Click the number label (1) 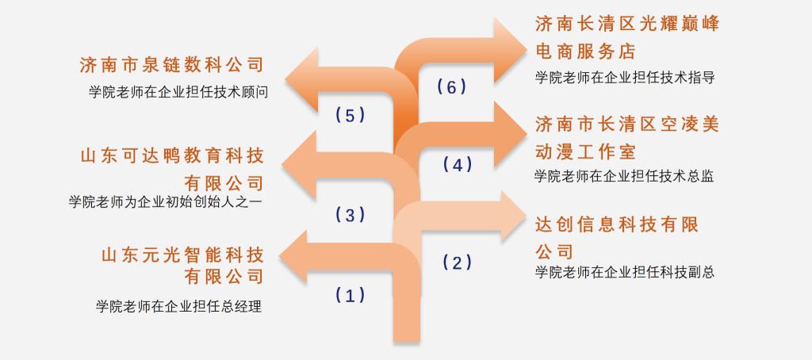click(x=350, y=295)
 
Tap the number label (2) click(x=458, y=263)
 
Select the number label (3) click(x=350, y=214)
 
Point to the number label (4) click(x=458, y=165)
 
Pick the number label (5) click(x=350, y=115)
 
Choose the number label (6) click(x=451, y=87)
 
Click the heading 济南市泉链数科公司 click(x=172, y=65)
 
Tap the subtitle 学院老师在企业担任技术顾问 click(x=178, y=93)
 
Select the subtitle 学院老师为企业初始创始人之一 click(x=167, y=201)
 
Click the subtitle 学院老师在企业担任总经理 click(x=178, y=306)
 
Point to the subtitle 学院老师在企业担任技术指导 click(x=625, y=78)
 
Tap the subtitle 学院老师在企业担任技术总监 click(x=624, y=176)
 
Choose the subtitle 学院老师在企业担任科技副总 click(x=625, y=272)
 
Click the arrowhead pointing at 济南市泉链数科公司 click(x=302, y=80)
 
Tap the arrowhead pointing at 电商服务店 click(x=511, y=50)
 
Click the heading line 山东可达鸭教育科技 click(x=172, y=156)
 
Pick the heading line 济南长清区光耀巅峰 click(x=627, y=23)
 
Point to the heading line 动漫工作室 click(x=585, y=151)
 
